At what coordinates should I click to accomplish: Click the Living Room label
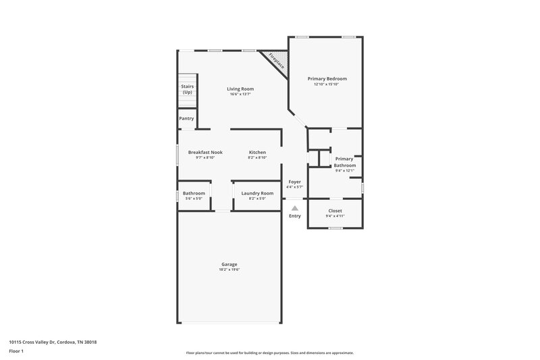click(240, 88)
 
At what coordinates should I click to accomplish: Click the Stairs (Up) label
click(188, 89)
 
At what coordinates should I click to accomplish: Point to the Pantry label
click(186, 118)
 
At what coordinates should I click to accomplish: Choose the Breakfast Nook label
click(205, 152)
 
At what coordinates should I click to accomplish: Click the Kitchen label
click(257, 152)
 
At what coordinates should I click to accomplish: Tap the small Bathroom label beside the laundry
click(194, 193)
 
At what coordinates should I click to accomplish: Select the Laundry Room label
click(257, 193)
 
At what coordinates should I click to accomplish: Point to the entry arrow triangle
click(295, 209)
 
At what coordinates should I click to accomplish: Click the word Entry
click(295, 216)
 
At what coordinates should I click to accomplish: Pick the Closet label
click(335, 211)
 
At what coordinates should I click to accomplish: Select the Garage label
click(230, 264)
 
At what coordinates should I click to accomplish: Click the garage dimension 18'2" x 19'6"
click(230, 269)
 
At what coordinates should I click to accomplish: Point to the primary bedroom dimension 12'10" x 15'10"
click(326, 84)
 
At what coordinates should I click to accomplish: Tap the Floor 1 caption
click(16, 351)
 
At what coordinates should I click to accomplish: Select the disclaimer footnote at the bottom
click(270, 353)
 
